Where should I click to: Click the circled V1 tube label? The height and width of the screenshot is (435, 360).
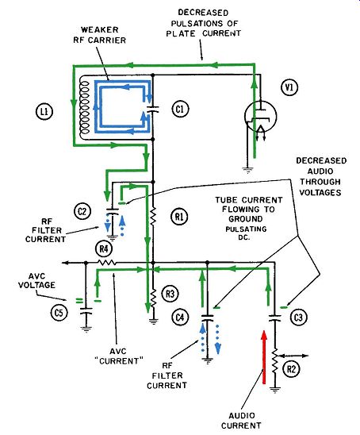(x=289, y=87)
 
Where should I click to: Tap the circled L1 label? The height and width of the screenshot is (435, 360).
(x=44, y=111)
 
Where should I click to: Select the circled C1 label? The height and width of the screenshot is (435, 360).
(x=180, y=109)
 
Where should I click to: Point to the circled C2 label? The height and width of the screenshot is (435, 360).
(x=82, y=212)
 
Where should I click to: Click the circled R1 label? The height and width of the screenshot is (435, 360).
(x=179, y=217)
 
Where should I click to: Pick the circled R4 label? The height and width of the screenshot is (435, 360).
(x=104, y=249)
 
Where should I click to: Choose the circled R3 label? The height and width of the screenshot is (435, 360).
(x=170, y=294)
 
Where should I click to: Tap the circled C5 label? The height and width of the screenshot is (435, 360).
(x=59, y=314)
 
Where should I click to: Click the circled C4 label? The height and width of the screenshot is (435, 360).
(x=180, y=317)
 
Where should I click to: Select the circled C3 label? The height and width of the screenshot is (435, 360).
(x=298, y=317)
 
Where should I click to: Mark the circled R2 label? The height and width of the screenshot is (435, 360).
(x=292, y=369)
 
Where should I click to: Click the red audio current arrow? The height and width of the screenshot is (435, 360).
(x=264, y=357)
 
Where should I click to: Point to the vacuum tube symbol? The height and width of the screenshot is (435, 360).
(x=260, y=117)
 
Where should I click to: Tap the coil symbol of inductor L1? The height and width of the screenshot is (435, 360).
(x=84, y=108)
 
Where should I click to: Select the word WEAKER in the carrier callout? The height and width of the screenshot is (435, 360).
(x=100, y=29)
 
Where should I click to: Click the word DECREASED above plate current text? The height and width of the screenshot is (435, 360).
(x=203, y=13)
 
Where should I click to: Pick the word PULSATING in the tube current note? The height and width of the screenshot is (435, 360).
(x=246, y=229)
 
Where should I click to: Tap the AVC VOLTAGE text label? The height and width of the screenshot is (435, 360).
(x=36, y=280)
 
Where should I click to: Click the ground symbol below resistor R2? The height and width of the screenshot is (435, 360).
(x=275, y=390)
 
